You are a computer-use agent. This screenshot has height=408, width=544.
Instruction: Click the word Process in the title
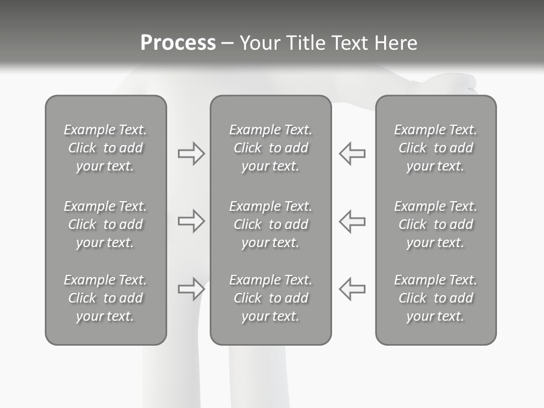tap(178, 43)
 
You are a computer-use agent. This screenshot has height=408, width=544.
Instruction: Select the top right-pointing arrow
tap(191, 154)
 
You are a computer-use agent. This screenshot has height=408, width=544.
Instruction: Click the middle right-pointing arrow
tap(191, 221)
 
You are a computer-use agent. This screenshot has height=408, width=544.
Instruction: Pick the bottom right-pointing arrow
tap(191, 288)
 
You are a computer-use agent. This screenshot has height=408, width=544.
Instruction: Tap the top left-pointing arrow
tap(352, 154)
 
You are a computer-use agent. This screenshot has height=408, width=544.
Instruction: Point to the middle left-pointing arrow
tap(352, 221)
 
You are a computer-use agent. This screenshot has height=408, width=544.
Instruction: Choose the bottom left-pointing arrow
tap(352, 288)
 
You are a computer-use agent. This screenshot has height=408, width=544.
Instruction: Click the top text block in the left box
tap(105, 148)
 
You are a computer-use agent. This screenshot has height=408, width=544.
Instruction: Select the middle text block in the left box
tap(105, 224)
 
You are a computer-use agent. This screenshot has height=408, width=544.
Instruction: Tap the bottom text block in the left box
tap(105, 298)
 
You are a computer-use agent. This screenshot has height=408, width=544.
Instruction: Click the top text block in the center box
tap(270, 148)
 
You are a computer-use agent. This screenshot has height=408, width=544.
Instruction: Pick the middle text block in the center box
tap(270, 224)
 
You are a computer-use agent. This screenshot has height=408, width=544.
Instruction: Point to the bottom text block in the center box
tap(270, 298)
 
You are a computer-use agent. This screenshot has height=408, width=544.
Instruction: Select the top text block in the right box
tap(435, 148)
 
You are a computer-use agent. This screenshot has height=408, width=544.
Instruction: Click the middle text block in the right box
tap(435, 224)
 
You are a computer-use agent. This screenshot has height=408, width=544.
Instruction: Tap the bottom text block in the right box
tap(435, 298)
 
